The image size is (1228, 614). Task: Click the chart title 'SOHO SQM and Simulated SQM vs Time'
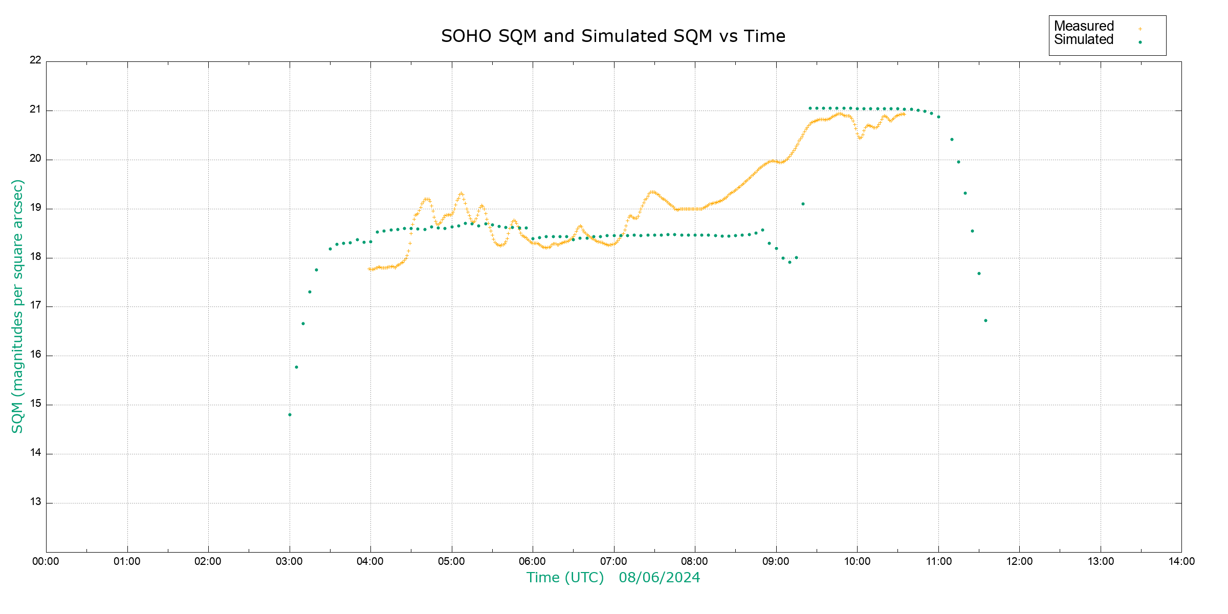(613, 36)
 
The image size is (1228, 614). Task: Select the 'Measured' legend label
(1084, 26)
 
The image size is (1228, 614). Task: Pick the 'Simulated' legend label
(1084, 40)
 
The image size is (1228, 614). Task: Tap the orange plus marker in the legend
(1140, 29)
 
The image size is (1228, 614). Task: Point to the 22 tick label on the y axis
(35, 60)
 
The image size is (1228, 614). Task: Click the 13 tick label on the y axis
(35, 502)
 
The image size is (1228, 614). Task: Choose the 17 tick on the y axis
(35, 306)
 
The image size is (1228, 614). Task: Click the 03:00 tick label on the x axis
(289, 562)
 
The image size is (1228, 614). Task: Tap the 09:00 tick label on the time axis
(776, 562)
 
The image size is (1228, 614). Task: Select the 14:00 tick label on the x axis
(1181, 562)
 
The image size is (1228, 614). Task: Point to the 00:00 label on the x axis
(46, 562)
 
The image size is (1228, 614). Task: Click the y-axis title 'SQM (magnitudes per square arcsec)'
(17, 306)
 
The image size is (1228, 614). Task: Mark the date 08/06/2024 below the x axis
(659, 578)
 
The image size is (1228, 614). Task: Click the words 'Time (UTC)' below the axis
(565, 578)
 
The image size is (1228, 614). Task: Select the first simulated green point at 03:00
(290, 415)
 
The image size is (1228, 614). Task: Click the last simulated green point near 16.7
(985, 321)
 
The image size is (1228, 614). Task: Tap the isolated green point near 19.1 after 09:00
(803, 204)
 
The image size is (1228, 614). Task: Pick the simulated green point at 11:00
(938, 117)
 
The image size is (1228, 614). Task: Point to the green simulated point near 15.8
(296, 367)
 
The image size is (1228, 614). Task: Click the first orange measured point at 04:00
(369, 269)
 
